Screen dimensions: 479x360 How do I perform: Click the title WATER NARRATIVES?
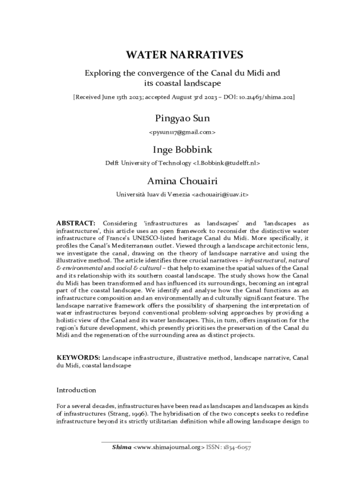[x=184, y=55]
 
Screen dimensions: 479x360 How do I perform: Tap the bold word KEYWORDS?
[x=78, y=358]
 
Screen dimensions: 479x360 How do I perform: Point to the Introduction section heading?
[x=76, y=390]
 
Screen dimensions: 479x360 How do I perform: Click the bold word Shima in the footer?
[x=122, y=447]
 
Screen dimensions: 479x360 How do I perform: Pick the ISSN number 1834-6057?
[x=238, y=447]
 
